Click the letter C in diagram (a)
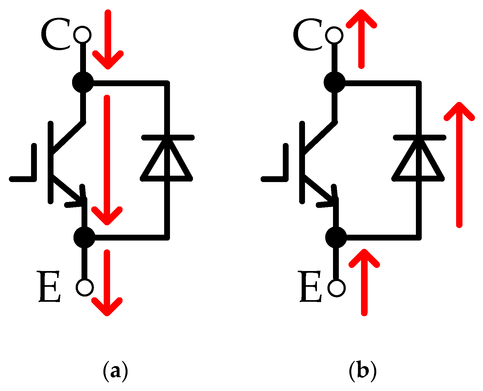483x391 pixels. tap(55, 34)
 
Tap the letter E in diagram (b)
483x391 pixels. tap(310, 287)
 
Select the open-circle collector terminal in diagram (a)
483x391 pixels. tap(82, 35)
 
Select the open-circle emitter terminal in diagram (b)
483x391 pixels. tap(336, 288)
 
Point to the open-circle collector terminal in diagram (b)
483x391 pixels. tap(334, 35)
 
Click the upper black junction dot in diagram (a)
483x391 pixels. tap(83, 82)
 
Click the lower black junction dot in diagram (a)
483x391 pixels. tap(84, 237)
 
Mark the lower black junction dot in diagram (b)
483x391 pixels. tap(336, 237)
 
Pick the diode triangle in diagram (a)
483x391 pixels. tap(166, 163)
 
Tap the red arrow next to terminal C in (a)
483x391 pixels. tap(108, 39)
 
